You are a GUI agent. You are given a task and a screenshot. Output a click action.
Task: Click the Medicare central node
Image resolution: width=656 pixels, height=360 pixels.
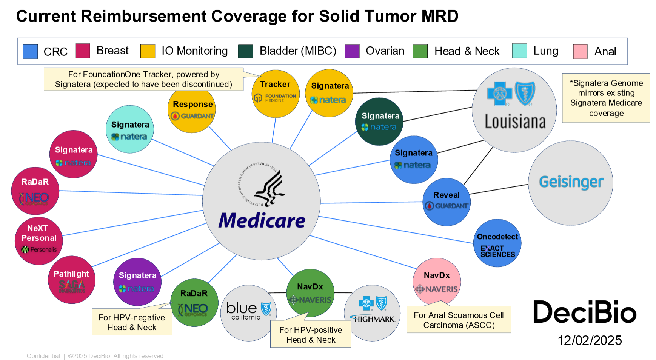261,201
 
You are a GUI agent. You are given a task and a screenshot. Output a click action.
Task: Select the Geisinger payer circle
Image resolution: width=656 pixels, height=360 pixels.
570,183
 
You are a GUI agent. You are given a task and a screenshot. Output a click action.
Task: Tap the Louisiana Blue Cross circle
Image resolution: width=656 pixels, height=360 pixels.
514,110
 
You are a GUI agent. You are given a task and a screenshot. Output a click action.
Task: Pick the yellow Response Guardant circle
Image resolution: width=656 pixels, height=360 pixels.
192,109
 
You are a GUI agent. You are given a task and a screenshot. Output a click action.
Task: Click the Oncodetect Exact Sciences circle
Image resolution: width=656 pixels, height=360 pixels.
497,243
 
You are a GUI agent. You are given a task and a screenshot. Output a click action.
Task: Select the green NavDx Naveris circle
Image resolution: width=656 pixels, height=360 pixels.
310,292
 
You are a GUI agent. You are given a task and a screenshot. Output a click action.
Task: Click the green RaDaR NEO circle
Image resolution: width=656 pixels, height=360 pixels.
194,302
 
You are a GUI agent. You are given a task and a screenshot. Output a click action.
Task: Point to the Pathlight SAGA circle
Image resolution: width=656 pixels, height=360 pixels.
71,280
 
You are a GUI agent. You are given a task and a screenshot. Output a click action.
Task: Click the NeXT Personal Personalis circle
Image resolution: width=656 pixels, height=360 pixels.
39,241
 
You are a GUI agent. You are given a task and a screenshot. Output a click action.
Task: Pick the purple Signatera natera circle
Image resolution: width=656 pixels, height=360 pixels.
137,282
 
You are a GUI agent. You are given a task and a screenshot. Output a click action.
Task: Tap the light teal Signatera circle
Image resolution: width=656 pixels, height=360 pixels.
130,129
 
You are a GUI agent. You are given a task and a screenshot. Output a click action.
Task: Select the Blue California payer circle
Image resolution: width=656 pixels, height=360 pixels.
248,313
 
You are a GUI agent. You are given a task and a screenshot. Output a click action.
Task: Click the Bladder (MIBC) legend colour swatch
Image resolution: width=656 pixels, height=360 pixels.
246,51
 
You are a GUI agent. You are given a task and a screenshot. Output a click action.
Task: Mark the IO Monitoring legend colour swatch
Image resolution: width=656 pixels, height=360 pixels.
148,51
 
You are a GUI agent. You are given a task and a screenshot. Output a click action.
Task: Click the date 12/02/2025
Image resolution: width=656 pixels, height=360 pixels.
590,340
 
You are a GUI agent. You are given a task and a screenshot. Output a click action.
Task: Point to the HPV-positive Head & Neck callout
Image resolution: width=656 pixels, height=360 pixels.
311,334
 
